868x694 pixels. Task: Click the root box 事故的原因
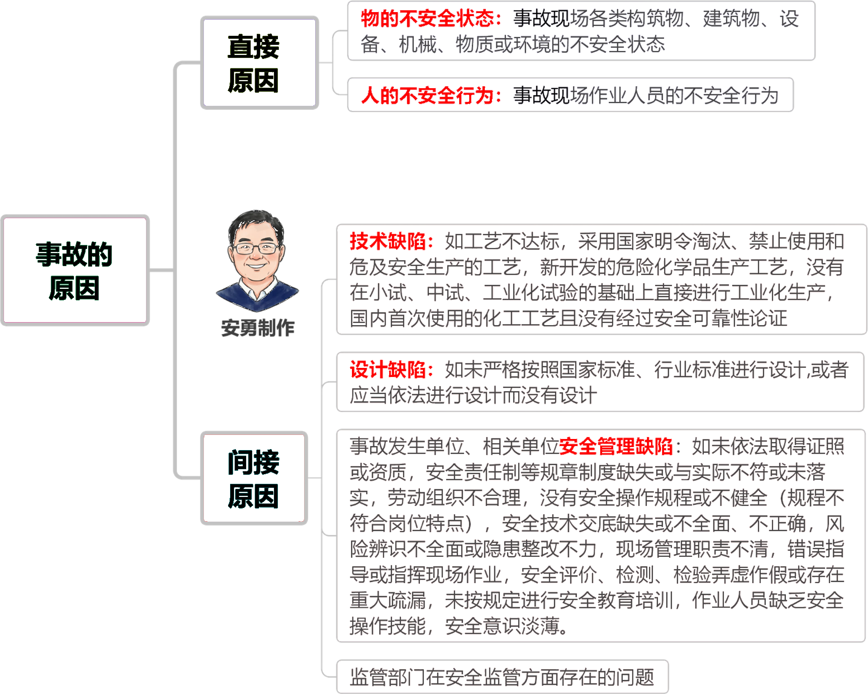coord(76,271)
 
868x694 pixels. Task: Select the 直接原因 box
coord(260,63)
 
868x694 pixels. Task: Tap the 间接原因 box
coord(254,478)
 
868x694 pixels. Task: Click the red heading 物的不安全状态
coord(427,19)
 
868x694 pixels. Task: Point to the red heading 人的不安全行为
coord(427,95)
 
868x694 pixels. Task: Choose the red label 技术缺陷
coord(388,241)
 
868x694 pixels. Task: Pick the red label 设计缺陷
coord(388,369)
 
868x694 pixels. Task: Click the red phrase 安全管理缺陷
coord(616,447)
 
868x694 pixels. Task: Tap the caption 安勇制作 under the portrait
coord(258,328)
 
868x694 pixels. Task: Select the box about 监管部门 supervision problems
coord(502,677)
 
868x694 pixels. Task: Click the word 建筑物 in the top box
coord(731,19)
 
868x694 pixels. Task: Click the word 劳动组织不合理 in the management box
coord(454,498)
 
